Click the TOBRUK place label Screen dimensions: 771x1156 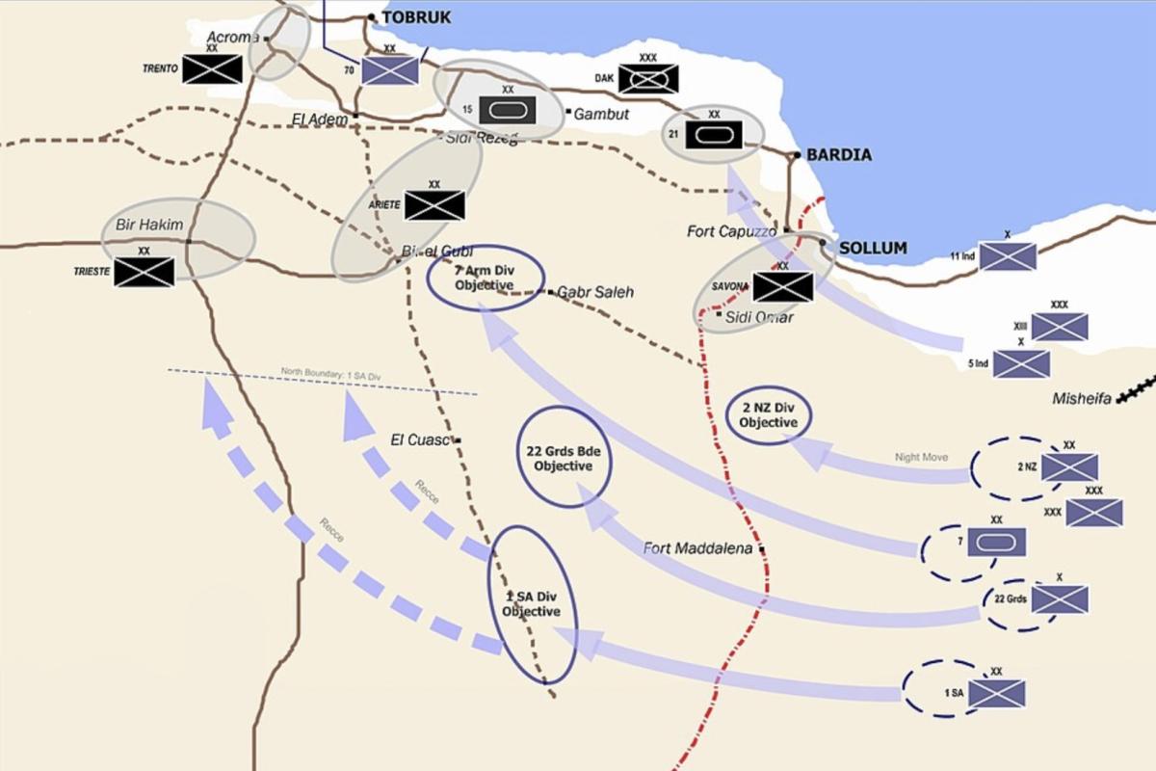pyautogui.click(x=416, y=17)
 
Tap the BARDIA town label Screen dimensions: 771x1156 pyautogui.click(x=838, y=155)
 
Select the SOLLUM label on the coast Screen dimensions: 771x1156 pyautogui.click(x=873, y=249)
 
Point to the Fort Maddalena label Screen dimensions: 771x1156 pyautogui.click(x=697, y=548)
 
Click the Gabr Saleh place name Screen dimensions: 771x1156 pyautogui.click(x=595, y=292)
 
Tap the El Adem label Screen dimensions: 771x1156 pyautogui.click(x=319, y=119)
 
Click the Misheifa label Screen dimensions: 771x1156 pyautogui.click(x=1082, y=398)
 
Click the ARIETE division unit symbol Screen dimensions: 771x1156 pyautogui.click(x=434, y=205)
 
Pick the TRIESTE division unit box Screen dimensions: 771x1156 pyautogui.click(x=144, y=272)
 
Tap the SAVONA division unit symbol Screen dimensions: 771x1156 pyautogui.click(x=782, y=286)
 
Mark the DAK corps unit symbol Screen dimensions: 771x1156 pyautogui.click(x=648, y=78)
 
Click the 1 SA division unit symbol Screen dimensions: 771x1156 pyautogui.click(x=996, y=693)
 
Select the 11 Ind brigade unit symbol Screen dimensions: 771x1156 pyautogui.click(x=1008, y=256)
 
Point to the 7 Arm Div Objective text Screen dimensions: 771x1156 pyautogui.click(x=486, y=279)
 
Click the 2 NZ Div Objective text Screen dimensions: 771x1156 pyautogui.click(x=769, y=415)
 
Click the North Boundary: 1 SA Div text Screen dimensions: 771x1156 pyautogui.click(x=325, y=371)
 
